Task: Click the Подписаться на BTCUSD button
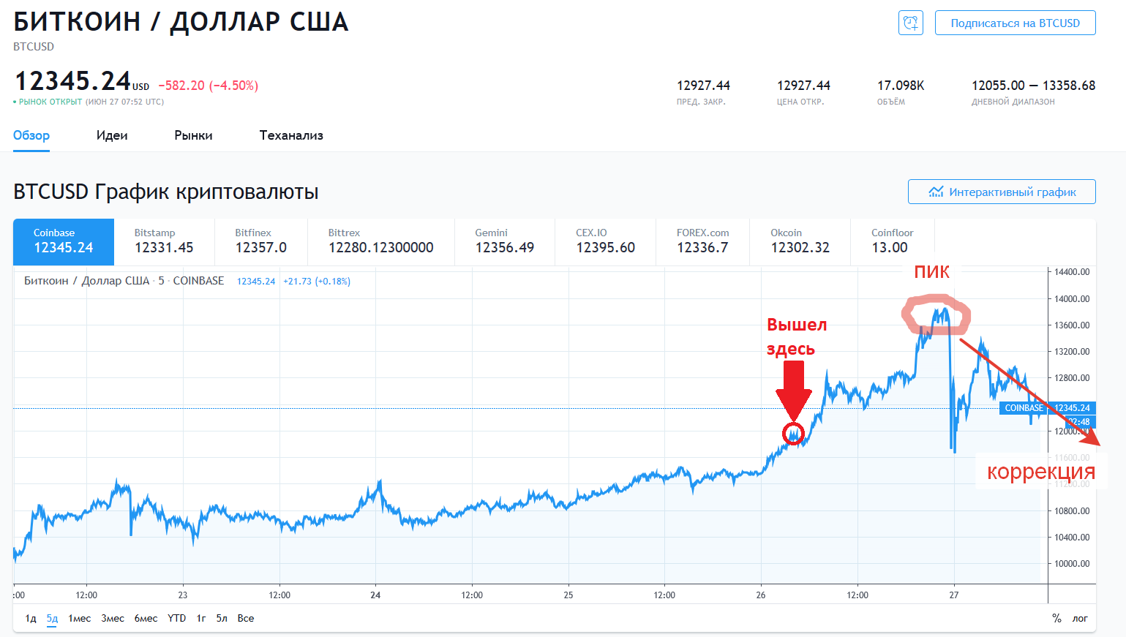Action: (x=1015, y=23)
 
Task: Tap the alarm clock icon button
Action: (x=910, y=23)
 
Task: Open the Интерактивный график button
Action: (x=1002, y=192)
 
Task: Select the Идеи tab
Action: (x=112, y=135)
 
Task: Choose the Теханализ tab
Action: (x=291, y=135)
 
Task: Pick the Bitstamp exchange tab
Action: (x=164, y=241)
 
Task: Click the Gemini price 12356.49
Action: (x=505, y=248)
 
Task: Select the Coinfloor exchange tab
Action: (x=892, y=241)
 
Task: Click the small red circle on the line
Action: (x=793, y=434)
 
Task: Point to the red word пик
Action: (x=931, y=272)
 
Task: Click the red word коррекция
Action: (x=1040, y=472)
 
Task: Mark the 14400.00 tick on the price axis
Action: (x=1071, y=272)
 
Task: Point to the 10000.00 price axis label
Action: (x=1071, y=564)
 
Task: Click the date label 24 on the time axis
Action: (x=375, y=595)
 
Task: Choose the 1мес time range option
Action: (x=80, y=619)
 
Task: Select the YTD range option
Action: (x=176, y=619)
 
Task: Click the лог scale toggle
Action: (x=1080, y=619)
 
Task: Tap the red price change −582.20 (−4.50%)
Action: (x=209, y=86)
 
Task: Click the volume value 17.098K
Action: (x=901, y=86)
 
